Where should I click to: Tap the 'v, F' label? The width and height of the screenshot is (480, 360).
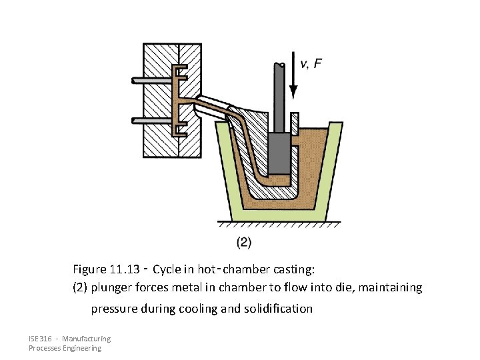click(x=311, y=63)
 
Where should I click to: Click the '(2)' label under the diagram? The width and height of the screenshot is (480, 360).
click(x=244, y=241)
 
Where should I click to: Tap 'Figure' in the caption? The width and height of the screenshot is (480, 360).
click(x=89, y=269)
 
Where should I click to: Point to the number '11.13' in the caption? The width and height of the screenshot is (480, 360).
click(x=123, y=269)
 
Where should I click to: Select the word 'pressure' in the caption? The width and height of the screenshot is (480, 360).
click(x=112, y=309)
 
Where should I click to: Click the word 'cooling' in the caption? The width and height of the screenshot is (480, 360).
click(x=197, y=309)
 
